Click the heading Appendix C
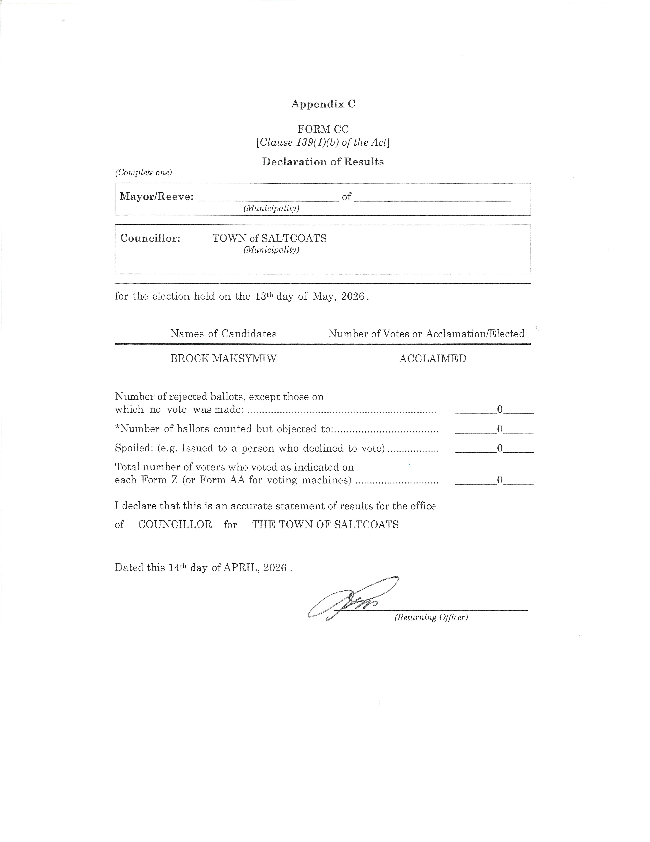(x=323, y=104)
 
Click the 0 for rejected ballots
(x=500, y=409)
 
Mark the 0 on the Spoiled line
(x=500, y=448)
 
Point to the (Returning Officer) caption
(x=431, y=618)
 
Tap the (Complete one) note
(x=143, y=173)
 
